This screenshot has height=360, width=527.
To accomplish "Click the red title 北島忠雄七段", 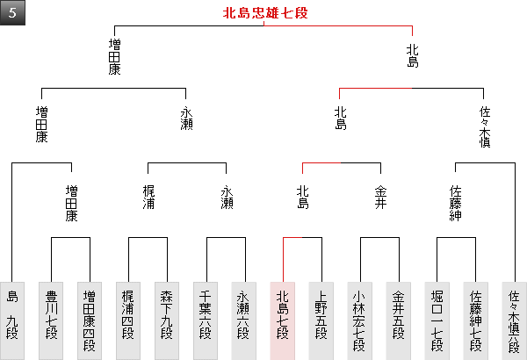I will pyautogui.click(x=264, y=13).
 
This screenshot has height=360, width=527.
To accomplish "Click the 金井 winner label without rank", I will pyautogui.click(x=379, y=197).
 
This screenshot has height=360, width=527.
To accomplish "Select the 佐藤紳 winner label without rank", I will pyautogui.click(x=456, y=203).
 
